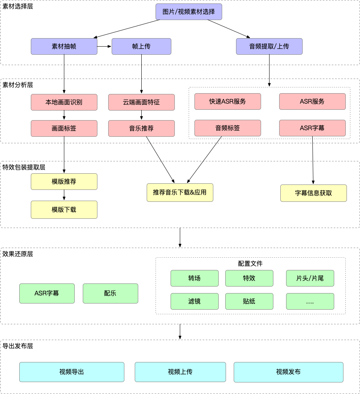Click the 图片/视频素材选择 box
tap(189, 12)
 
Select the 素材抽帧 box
tap(64, 46)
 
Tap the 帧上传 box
tap(141, 46)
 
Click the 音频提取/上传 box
tap(269, 46)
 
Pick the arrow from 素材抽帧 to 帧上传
tap(104, 46)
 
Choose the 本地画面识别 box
tap(64, 102)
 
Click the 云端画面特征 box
tap(141, 102)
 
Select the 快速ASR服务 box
tap(228, 101)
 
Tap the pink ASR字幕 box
tap(312, 128)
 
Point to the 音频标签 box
tap(228, 128)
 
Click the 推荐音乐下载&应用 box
tap(180, 192)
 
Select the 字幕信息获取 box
tap(313, 193)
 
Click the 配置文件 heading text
tap(250, 263)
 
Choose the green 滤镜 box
tap(194, 301)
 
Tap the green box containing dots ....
tap(310, 301)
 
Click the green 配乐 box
tap(110, 293)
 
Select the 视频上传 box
tap(180, 372)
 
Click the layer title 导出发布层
tap(18, 346)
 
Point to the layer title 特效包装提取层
tap(24, 167)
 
